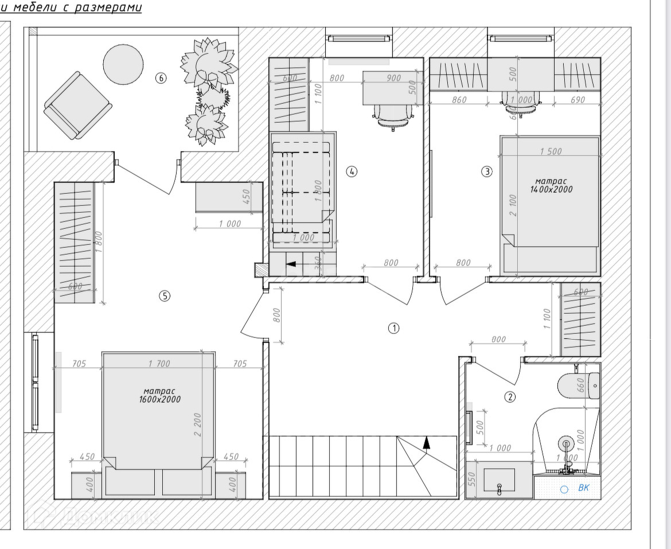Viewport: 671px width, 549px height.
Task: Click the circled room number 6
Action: coord(161,78)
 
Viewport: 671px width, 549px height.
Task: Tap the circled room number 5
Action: coord(165,296)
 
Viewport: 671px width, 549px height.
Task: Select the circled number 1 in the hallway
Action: coord(393,328)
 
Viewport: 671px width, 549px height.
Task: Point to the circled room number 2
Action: coord(509,396)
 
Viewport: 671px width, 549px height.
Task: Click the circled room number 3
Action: coord(486,171)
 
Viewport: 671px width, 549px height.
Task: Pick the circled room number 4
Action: coord(352,171)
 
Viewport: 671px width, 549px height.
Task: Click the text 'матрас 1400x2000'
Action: coord(551,185)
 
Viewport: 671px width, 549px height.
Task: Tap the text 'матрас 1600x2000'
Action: coord(159,395)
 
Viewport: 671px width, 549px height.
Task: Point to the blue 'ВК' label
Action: coord(583,488)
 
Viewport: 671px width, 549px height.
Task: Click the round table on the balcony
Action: coord(123,64)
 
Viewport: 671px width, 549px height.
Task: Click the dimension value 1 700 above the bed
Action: coord(159,363)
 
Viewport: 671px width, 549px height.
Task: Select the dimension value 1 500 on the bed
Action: coord(551,151)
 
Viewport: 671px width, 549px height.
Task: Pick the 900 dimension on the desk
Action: coord(393,78)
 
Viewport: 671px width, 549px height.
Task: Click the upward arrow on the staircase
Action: coord(426,442)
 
